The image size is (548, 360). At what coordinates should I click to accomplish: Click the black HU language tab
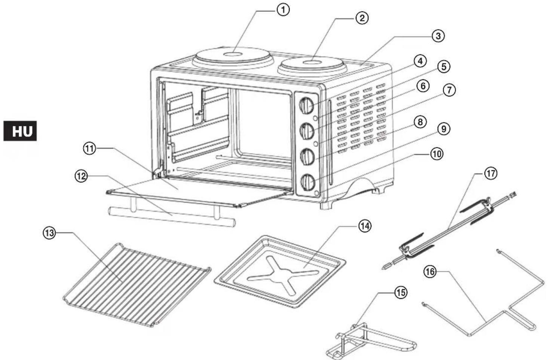click(20, 131)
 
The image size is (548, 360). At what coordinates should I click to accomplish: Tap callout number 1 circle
click(283, 10)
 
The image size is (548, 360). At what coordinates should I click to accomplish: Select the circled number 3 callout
click(438, 36)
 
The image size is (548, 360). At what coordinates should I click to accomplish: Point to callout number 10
click(437, 154)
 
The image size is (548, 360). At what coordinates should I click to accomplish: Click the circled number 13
click(50, 233)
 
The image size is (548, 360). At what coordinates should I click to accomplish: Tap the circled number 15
click(401, 293)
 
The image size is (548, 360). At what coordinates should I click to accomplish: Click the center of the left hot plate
click(234, 55)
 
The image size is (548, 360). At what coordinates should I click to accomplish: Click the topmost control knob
click(307, 106)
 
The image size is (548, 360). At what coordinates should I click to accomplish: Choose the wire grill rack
click(137, 284)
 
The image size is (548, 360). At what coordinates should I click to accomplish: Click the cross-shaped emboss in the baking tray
click(284, 275)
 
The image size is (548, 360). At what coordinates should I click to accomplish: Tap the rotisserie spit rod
click(449, 230)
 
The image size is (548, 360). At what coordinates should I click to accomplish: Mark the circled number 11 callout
click(89, 149)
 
